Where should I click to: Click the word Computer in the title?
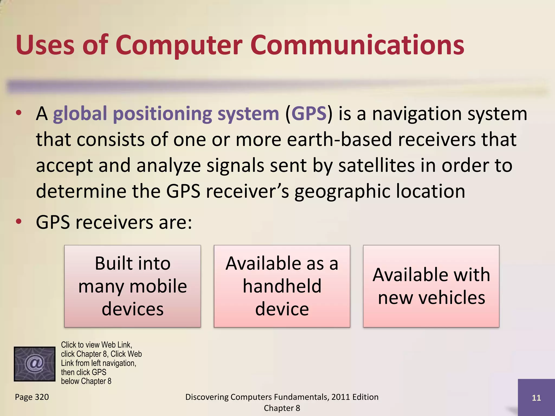(x=179, y=45)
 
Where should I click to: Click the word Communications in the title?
(x=357, y=45)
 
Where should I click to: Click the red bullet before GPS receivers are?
(x=18, y=222)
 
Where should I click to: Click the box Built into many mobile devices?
(x=133, y=286)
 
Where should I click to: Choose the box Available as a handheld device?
(x=282, y=286)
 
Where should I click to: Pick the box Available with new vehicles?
(x=431, y=286)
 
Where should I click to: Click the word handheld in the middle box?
(x=282, y=286)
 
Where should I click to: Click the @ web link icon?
(x=34, y=364)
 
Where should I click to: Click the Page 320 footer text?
(x=32, y=397)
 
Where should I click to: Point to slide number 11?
(x=536, y=398)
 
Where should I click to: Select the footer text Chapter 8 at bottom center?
(x=282, y=408)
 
